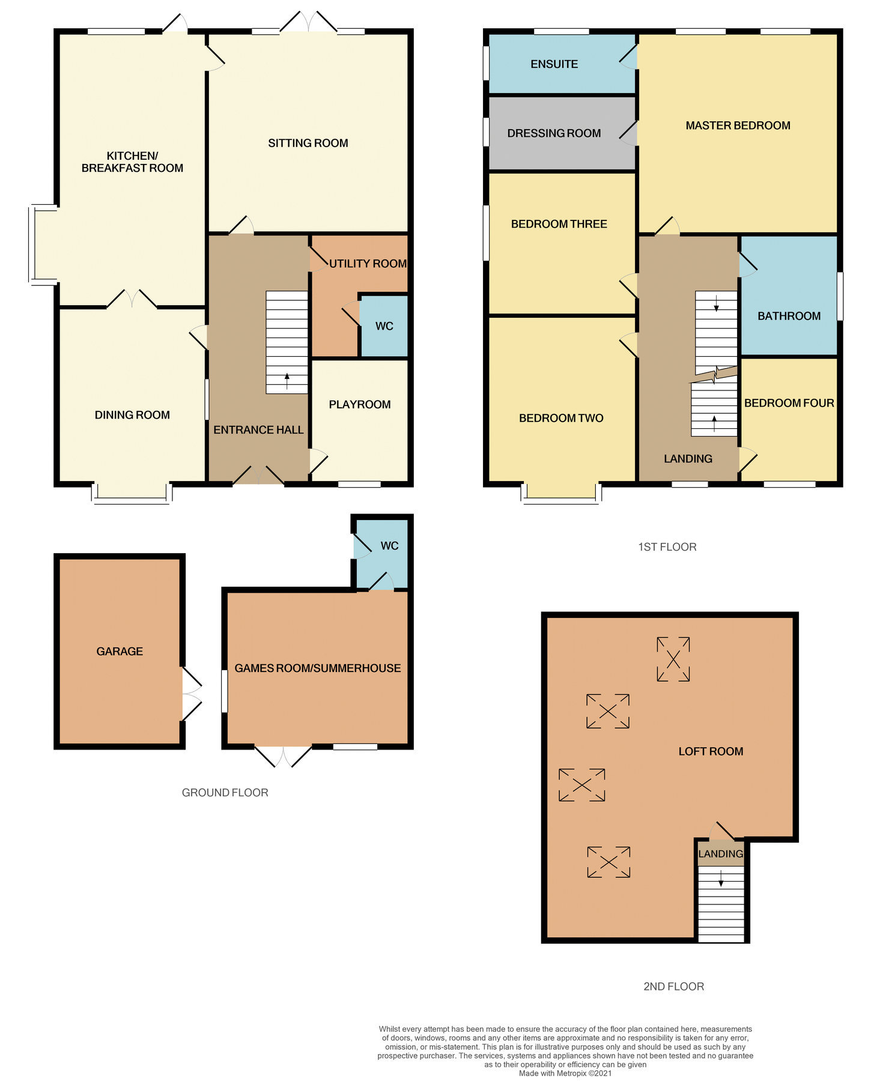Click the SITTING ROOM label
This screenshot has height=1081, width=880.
pos(308,143)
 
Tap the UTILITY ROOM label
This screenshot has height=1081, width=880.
pos(368,264)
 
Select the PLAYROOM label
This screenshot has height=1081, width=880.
pos(359,405)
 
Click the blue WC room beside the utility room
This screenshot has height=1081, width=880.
pos(384,326)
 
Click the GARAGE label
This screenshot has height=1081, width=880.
pos(120,652)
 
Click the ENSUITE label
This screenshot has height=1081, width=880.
pos(554,64)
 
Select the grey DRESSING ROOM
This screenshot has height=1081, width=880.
pos(554,133)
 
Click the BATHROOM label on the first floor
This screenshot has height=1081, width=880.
pos(789,316)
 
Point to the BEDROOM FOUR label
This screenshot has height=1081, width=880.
pos(789,404)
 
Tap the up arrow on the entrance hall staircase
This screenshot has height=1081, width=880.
pos(287,380)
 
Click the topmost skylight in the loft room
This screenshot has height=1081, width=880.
pos(673,659)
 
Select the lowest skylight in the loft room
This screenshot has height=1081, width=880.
pos(608,862)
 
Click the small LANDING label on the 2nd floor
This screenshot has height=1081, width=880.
pos(720,854)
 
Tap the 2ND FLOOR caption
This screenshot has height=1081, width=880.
pos(673,987)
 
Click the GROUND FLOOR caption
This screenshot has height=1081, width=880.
pos(225,793)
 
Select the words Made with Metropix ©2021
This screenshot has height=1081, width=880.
pos(565,1073)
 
